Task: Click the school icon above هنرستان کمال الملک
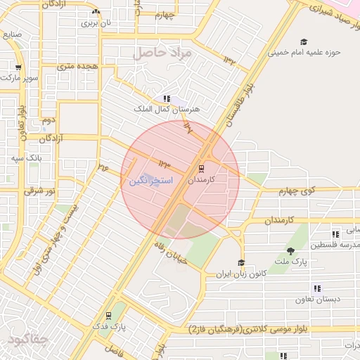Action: point(166,99)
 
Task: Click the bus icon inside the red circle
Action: point(201,169)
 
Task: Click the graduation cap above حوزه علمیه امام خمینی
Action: point(303,41)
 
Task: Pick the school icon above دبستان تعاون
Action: point(317,288)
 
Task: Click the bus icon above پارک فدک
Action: point(108,316)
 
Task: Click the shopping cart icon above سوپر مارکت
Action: point(18,67)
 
